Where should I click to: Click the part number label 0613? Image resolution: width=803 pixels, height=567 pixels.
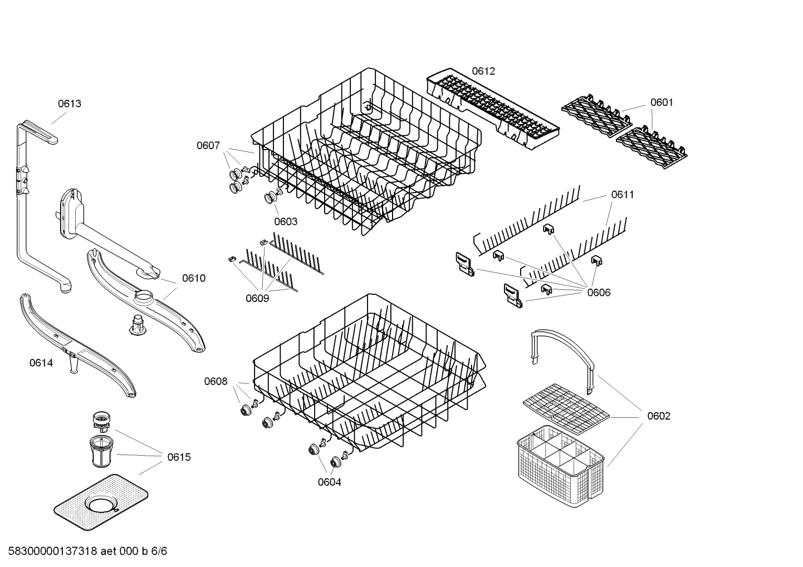tap(70, 103)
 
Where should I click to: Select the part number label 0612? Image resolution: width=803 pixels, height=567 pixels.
tap(483, 71)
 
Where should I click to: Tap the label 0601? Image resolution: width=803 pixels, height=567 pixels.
tap(662, 102)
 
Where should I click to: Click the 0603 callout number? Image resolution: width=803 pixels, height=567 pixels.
tap(286, 221)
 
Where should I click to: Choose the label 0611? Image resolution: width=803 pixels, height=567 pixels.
tap(623, 195)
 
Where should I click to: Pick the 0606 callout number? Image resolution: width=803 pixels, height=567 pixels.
tap(599, 293)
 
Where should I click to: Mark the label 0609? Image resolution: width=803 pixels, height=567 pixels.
tap(257, 298)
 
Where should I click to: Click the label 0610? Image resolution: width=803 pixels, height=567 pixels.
tap(194, 278)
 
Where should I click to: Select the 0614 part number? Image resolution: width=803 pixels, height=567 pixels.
tap(41, 363)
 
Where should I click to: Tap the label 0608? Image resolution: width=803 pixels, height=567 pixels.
tap(216, 381)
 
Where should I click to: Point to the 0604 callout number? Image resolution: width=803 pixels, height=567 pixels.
tap(330, 482)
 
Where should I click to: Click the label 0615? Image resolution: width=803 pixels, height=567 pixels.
tap(179, 457)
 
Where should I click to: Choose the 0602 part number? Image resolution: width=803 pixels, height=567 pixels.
tap(659, 416)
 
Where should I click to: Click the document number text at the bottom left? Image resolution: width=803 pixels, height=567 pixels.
tap(84, 551)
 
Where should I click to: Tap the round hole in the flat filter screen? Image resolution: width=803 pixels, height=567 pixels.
tap(101, 505)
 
